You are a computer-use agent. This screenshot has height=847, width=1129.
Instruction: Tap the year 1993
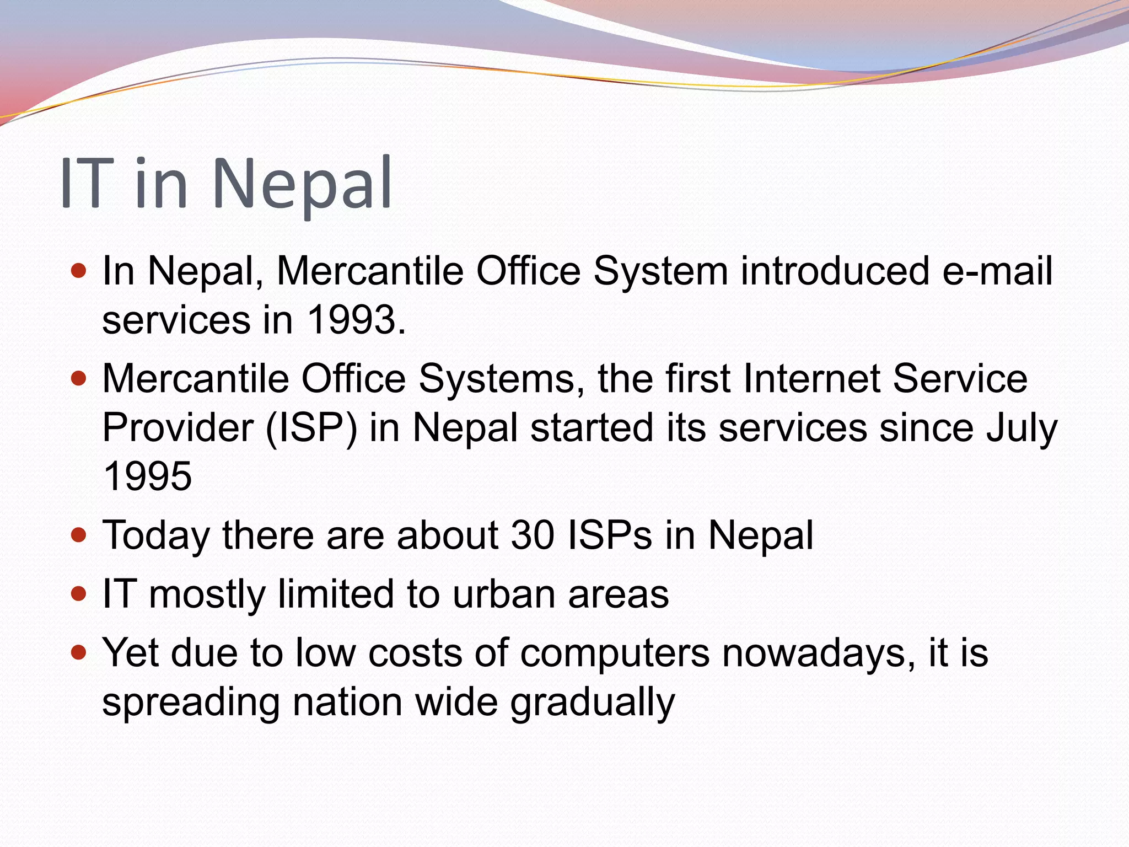[x=352, y=320]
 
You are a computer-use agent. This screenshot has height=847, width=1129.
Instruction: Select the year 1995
[x=147, y=476]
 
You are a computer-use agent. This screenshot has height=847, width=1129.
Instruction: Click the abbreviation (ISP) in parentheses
[x=311, y=428]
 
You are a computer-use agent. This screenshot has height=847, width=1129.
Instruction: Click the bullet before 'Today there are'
[x=79, y=534]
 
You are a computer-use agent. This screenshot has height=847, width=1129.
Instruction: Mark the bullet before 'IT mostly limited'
[x=79, y=593]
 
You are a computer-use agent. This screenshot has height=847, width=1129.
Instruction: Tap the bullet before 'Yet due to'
[x=79, y=653]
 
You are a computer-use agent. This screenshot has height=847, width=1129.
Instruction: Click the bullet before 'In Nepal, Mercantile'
[x=79, y=271]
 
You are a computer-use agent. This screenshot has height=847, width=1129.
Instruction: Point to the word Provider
[x=178, y=428]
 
